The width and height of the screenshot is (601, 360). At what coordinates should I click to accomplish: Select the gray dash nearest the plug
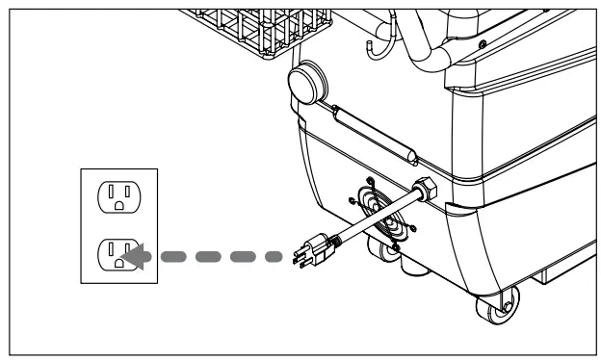(270, 257)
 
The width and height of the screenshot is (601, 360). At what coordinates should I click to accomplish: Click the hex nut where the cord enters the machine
(425, 189)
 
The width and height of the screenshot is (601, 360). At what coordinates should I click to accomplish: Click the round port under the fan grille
(391, 253)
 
